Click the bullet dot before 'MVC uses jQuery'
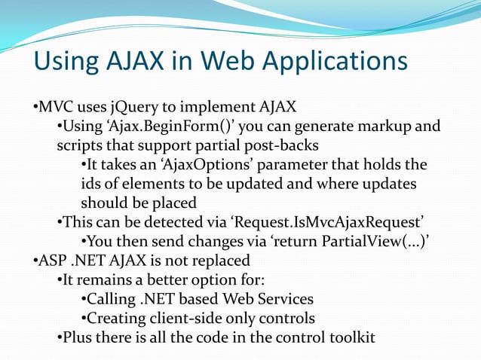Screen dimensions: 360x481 35,105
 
